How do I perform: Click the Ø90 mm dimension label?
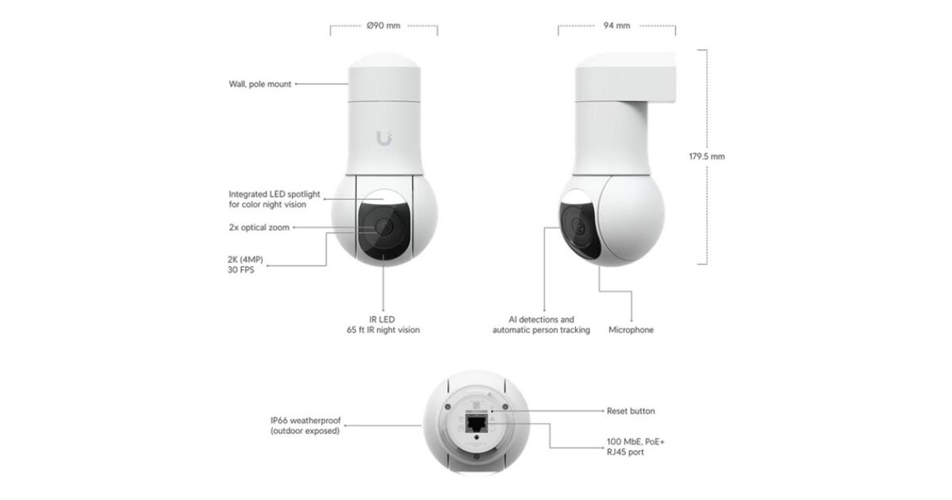coord(383,25)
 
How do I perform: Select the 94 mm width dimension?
coord(616,25)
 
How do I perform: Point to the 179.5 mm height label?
coord(707,156)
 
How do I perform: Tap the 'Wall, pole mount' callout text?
coord(260,84)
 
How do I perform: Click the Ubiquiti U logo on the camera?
coord(384,139)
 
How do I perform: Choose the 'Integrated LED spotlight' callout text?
coord(274,199)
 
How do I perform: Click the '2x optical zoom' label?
coord(259,228)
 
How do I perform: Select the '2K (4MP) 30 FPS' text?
coord(245,264)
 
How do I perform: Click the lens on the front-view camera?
coord(384,226)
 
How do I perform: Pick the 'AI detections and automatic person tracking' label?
coord(541,325)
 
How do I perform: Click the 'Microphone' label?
coord(631,330)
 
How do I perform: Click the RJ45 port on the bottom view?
coord(476,424)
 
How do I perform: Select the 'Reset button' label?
coord(631,411)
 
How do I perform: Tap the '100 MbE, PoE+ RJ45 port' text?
coord(635,447)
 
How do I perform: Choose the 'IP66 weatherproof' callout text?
coord(305,425)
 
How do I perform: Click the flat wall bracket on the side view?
coord(625,79)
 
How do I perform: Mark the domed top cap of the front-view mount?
coord(385,60)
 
